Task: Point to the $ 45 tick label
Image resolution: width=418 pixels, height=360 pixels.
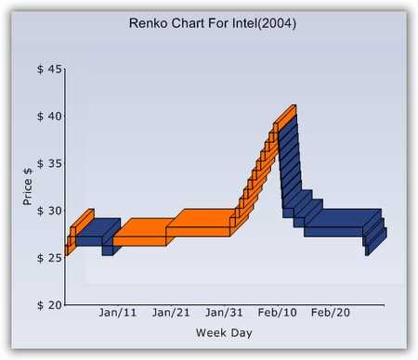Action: point(50,70)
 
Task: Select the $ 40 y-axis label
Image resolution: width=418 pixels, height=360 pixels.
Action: point(50,117)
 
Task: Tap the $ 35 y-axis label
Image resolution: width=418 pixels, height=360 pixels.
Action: point(50,164)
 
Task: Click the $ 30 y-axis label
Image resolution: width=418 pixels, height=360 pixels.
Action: point(50,211)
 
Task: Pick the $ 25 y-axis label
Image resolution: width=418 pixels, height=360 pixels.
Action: point(50,257)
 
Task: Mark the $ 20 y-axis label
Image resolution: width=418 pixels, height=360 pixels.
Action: point(50,304)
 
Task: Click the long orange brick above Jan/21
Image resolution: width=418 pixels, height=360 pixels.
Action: point(199,230)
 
